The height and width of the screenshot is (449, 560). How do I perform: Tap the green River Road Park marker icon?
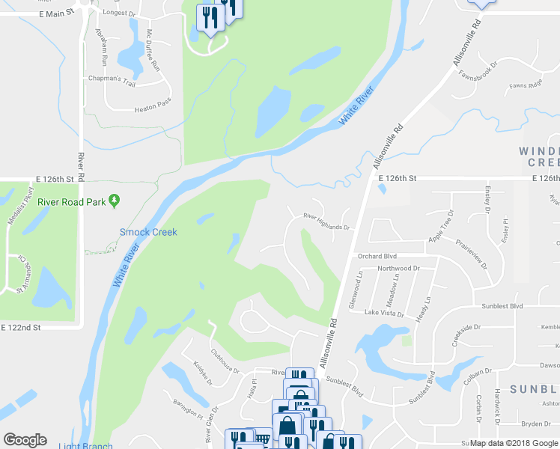(114, 200)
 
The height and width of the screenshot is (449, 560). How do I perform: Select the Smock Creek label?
(148, 232)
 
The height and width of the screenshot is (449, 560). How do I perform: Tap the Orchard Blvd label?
(375, 255)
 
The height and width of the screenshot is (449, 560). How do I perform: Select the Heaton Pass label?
(153, 109)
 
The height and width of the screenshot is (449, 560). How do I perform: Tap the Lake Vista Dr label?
(384, 314)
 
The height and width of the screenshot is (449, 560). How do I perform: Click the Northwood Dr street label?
(399, 268)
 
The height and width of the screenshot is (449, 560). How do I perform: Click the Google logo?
(25, 440)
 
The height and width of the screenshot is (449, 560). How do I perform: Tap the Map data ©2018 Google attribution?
(514, 443)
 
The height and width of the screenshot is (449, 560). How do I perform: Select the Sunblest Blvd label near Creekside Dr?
(502, 306)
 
